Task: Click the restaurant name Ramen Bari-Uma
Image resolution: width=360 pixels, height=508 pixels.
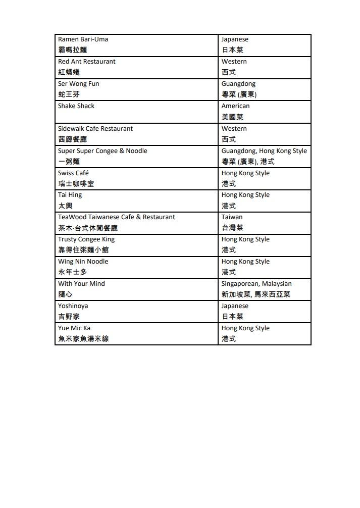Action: [x=83, y=39]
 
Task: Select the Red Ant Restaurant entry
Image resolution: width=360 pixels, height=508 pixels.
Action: [x=86, y=62]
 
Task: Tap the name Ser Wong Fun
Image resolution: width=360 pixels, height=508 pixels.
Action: [x=78, y=84]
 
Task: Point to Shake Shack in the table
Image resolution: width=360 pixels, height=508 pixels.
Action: [x=76, y=106]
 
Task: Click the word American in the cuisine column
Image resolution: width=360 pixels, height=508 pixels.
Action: [x=235, y=106]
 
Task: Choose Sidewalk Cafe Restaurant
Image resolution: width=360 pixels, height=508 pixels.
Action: [x=95, y=129]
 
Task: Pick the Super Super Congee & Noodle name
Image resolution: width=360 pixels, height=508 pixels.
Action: [x=102, y=151]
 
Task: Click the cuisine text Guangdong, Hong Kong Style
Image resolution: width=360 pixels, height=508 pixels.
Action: [x=264, y=151]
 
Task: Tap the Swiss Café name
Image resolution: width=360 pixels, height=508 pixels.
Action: [x=73, y=173]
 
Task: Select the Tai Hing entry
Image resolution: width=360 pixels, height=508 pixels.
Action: [x=70, y=195]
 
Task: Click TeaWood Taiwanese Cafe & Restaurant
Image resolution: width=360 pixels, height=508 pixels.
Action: [x=116, y=217]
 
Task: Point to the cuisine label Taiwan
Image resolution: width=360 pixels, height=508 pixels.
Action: [x=232, y=217]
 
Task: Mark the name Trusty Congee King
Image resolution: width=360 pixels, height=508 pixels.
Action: [x=86, y=239]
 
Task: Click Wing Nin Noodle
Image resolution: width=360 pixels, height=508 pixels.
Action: [x=83, y=262]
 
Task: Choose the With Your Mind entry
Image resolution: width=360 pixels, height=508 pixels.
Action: [x=81, y=284]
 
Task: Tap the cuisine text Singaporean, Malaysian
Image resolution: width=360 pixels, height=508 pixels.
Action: [x=256, y=284]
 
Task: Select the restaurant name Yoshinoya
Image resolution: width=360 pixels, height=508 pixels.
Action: [x=73, y=306]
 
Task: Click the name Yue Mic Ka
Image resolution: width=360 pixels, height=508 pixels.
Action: [x=74, y=328]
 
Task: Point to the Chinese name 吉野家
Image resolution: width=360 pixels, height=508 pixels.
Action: [x=69, y=317]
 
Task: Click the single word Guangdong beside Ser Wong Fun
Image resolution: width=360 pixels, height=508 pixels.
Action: [x=238, y=84]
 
